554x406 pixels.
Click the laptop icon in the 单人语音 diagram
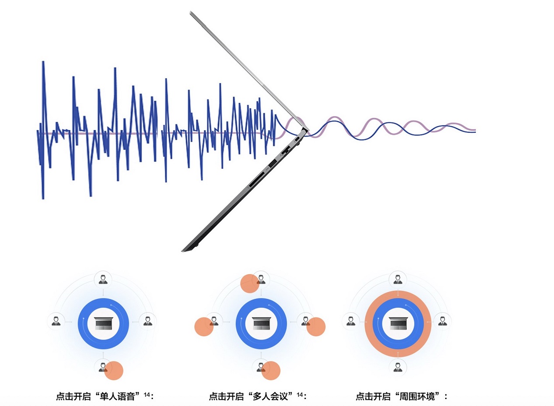pos(104,323)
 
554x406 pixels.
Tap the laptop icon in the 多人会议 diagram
pos(261,323)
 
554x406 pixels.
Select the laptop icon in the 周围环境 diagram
pos(398,323)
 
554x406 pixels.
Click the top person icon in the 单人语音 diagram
pos(103,279)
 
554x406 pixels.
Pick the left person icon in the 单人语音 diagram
pos(56,321)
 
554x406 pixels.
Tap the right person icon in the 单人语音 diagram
pos(148,321)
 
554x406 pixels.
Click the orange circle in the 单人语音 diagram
pos(114,370)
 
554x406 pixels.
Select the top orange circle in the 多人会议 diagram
pos(250,283)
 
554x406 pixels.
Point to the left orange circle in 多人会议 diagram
pos(204,327)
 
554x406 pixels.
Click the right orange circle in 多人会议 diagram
pos(316,327)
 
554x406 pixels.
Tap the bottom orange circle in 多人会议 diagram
pos(271,370)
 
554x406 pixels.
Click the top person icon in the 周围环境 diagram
pos(398,279)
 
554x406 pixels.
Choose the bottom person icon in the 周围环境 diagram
pos(398,367)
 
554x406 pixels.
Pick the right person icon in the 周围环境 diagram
pos(443,321)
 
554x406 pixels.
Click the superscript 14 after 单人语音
pos(147,394)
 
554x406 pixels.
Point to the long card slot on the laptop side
pos(257,180)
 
